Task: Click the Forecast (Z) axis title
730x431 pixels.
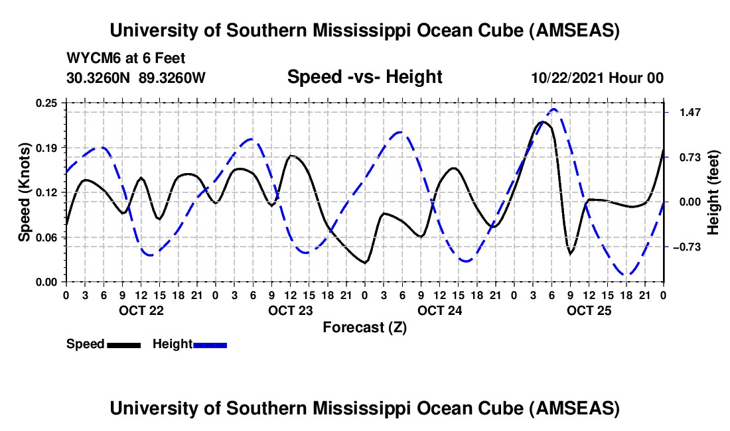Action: [x=364, y=328]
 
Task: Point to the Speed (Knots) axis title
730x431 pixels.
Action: [x=25, y=192]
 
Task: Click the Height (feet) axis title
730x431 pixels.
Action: [x=713, y=192]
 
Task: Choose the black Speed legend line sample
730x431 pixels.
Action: [x=123, y=345]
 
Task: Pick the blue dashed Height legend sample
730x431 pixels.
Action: [x=210, y=345]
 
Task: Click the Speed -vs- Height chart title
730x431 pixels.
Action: [x=364, y=78]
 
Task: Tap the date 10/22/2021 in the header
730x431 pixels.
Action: [x=567, y=78]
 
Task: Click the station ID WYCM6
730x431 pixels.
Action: [x=89, y=58]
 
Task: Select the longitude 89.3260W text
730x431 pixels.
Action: [x=173, y=78]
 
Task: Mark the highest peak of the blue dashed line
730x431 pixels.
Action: [x=553, y=109]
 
